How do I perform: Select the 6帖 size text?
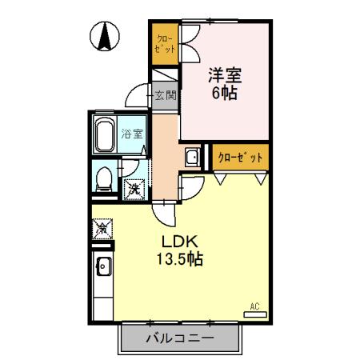coord(225,93)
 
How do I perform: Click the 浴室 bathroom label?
coord(132,134)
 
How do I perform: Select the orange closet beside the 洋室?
coord(165,45)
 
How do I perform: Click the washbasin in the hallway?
coord(193,157)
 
